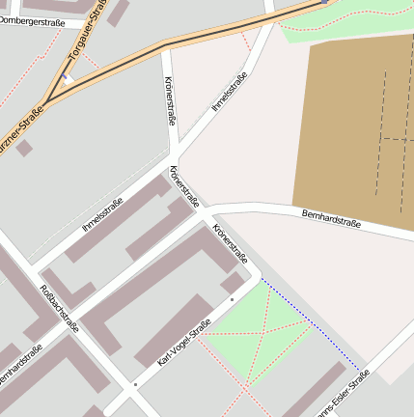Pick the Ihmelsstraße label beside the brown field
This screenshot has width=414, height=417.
[223, 92]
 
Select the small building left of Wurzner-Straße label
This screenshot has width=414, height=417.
[24, 148]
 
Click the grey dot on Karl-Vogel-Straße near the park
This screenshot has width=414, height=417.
[232, 299]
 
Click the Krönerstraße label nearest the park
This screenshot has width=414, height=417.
[231, 244]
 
